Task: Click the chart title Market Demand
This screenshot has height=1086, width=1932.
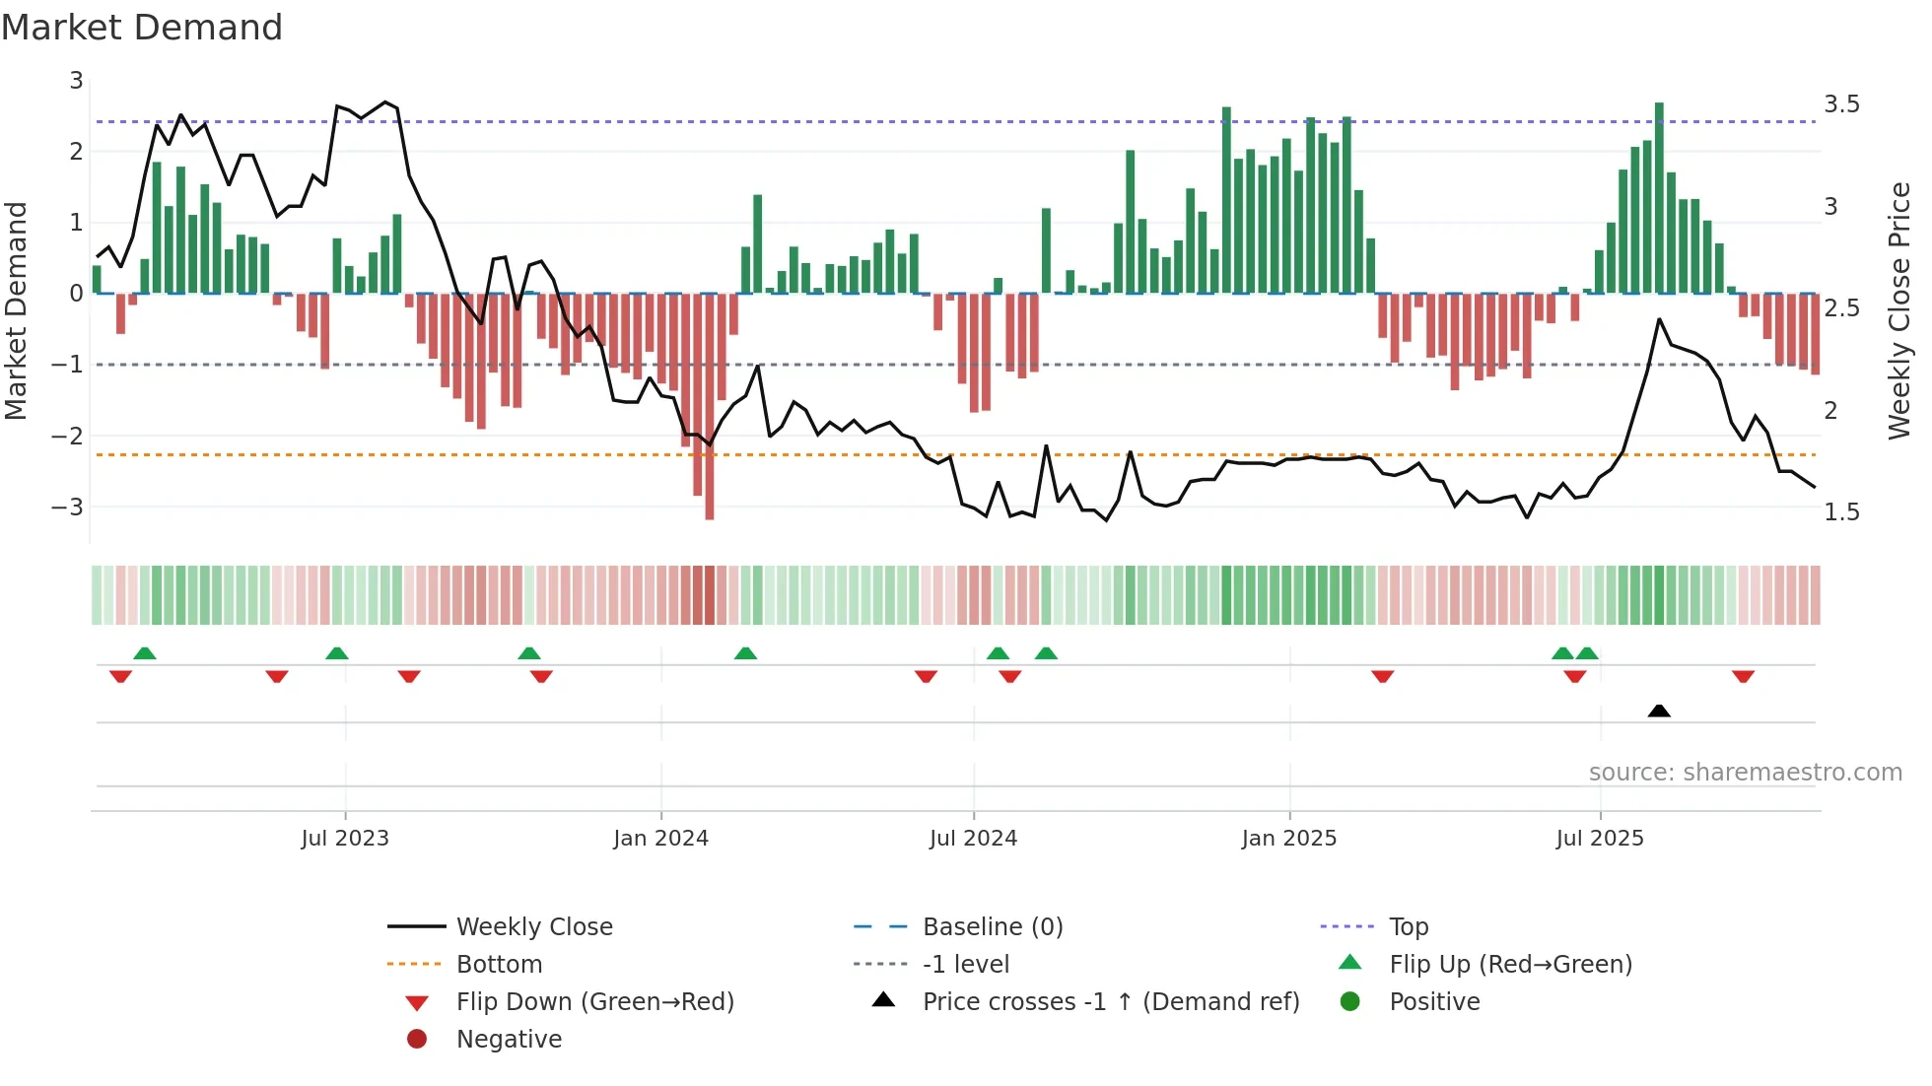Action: [x=142, y=28]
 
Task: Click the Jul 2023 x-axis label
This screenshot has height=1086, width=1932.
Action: [x=345, y=839]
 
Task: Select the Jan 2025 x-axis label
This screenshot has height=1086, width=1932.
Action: [x=1288, y=839]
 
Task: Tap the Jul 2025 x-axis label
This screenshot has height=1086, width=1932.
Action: [x=1600, y=839]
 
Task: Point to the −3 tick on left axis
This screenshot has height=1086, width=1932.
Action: [x=68, y=508]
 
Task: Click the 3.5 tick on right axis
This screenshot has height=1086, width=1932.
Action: [x=1841, y=104]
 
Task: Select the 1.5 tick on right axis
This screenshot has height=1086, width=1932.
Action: [x=1841, y=512]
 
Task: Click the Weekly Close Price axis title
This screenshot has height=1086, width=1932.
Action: [x=1898, y=310]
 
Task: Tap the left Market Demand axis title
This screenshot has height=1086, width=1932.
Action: [x=17, y=310]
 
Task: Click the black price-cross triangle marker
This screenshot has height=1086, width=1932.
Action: [x=1659, y=711]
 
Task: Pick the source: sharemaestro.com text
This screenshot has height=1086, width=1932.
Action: [x=1745, y=773]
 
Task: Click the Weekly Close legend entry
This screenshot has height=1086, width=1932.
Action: [x=533, y=927]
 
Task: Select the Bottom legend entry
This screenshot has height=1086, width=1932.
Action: [x=499, y=965]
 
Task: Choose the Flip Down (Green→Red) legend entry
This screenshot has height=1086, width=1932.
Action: [x=594, y=1002]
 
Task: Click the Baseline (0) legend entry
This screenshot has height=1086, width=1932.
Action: [x=992, y=927]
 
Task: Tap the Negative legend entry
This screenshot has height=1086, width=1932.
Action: [x=509, y=1040]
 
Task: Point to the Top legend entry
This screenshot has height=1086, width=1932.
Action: [x=1409, y=927]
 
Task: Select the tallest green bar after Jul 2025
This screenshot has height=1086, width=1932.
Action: [x=1659, y=197]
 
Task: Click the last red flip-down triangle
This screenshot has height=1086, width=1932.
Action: [x=1743, y=676]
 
